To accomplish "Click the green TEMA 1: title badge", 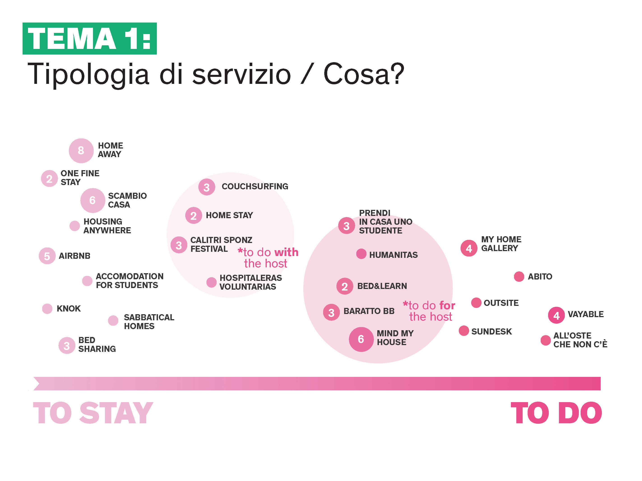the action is click(x=90, y=39).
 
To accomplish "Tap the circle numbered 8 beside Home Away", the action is click(x=81, y=151).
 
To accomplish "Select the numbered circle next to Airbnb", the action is click(x=47, y=256).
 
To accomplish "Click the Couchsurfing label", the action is click(x=255, y=186).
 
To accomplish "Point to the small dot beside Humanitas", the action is click(x=361, y=254).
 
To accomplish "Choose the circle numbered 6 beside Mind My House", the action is click(x=361, y=339).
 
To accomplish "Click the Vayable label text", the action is click(x=586, y=314).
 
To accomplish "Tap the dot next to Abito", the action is click(x=519, y=277).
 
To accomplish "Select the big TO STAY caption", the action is click(x=93, y=413).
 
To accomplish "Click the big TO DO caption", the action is click(x=556, y=413).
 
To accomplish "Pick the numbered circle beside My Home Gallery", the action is click(x=469, y=248).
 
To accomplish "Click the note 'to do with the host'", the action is click(x=268, y=258).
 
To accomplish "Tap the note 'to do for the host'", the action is click(x=429, y=311).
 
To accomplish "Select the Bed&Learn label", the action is click(x=382, y=286).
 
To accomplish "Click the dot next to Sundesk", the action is click(x=464, y=330).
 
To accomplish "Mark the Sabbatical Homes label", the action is click(x=149, y=322).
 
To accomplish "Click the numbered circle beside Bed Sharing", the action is click(x=67, y=346).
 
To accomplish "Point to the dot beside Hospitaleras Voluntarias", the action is click(x=211, y=282).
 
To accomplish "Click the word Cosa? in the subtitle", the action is click(x=364, y=74).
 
